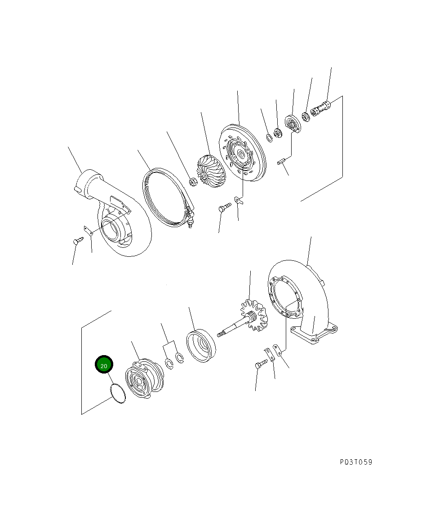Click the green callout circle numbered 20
tap(104, 365)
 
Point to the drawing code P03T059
tap(356, 462)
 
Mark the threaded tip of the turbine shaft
tap(221, 334)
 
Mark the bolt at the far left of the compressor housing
tap(77, 241)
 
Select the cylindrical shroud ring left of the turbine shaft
tap(201, 345)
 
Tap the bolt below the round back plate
tap(224, 207)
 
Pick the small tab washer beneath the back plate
tap(238, 199)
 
